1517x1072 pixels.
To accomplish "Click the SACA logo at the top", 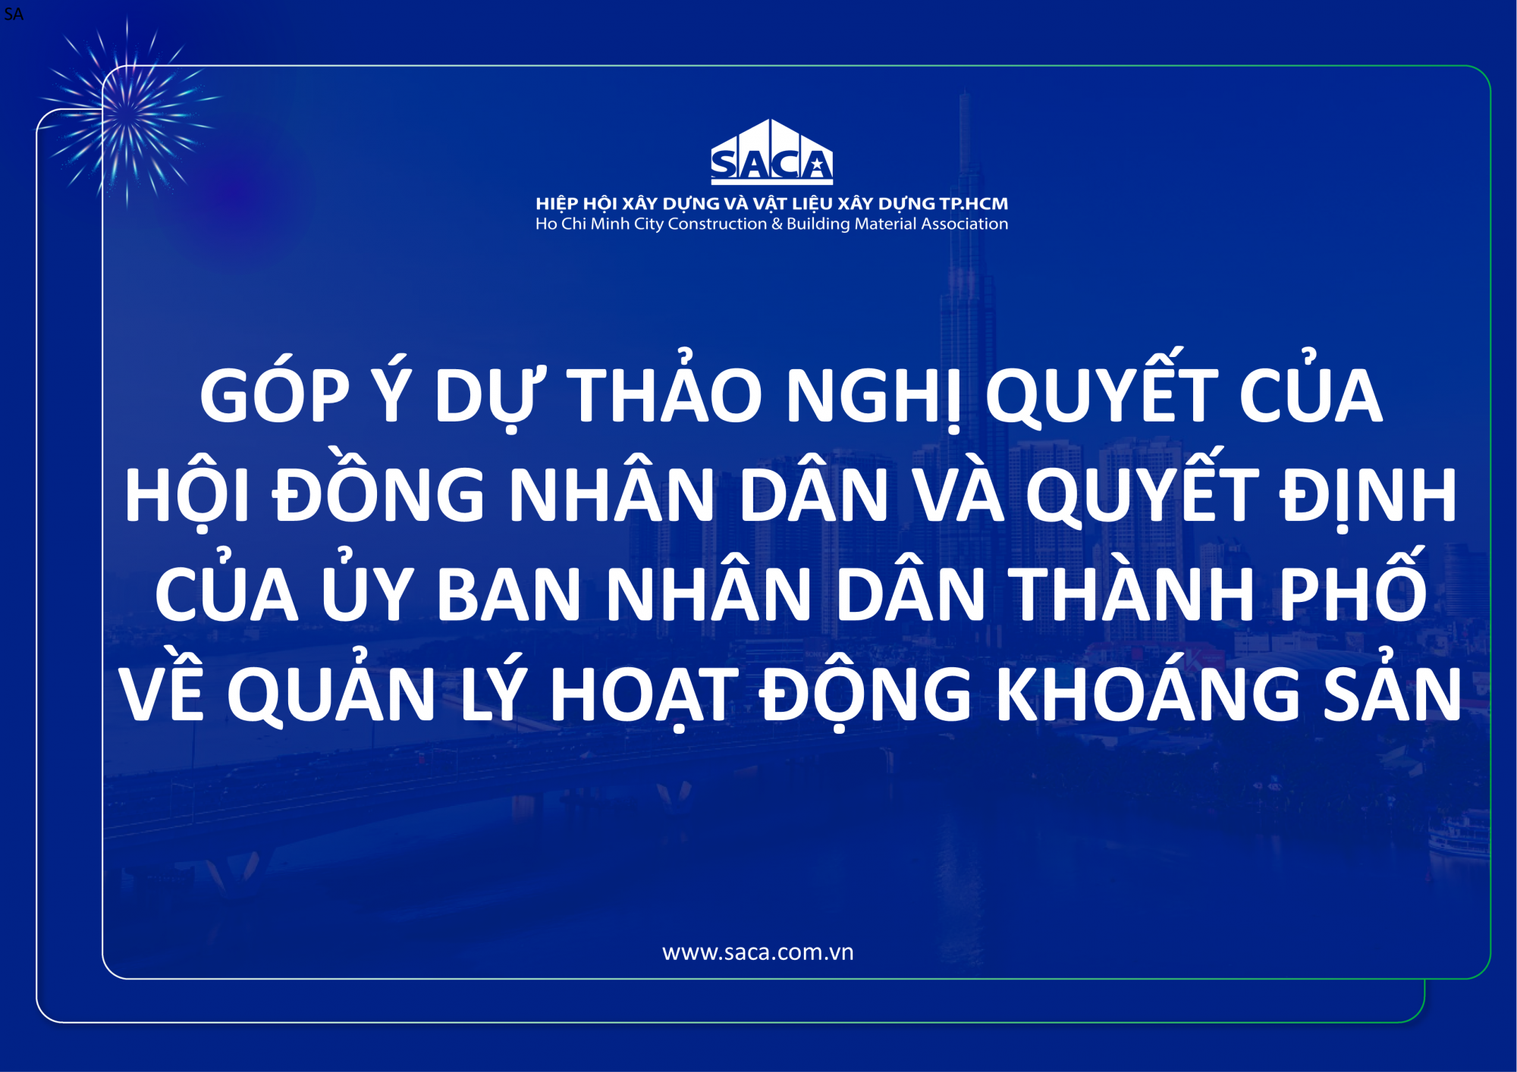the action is pos(771,152).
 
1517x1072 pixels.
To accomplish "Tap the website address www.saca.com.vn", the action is pos(758,952).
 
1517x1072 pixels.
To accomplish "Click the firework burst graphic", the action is pos(127,114).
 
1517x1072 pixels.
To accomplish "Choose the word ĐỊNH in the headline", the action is pos(1368,497).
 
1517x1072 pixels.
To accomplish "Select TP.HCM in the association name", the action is pos(974,203).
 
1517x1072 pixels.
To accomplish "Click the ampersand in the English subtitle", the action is pos(776,224).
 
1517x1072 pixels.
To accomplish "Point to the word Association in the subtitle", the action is pos(965,224).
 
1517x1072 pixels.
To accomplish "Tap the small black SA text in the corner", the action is pos(14,14).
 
